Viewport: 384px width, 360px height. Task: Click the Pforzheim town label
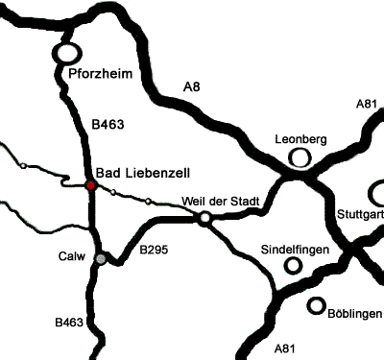pos(99,74)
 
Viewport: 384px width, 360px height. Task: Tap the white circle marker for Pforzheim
pos(67,54)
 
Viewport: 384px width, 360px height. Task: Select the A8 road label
pos(193,89)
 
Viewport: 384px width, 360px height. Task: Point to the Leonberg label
pos(300,138)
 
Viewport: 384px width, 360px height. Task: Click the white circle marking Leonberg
pos(300,156)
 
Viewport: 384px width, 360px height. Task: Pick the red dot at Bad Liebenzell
pos(90,184)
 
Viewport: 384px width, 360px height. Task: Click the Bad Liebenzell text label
pos(144,172)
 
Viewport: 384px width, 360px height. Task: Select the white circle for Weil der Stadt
pos(204,219)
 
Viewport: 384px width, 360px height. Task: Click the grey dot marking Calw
pos(100,258)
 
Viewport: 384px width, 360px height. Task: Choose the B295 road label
pos(154,251)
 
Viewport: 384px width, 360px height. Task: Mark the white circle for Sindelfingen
pos(292,266)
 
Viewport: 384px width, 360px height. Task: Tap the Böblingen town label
pos(355,313)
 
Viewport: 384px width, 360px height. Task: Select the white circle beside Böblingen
pos(316,306)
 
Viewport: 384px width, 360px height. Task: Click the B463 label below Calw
pos(69,323)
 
